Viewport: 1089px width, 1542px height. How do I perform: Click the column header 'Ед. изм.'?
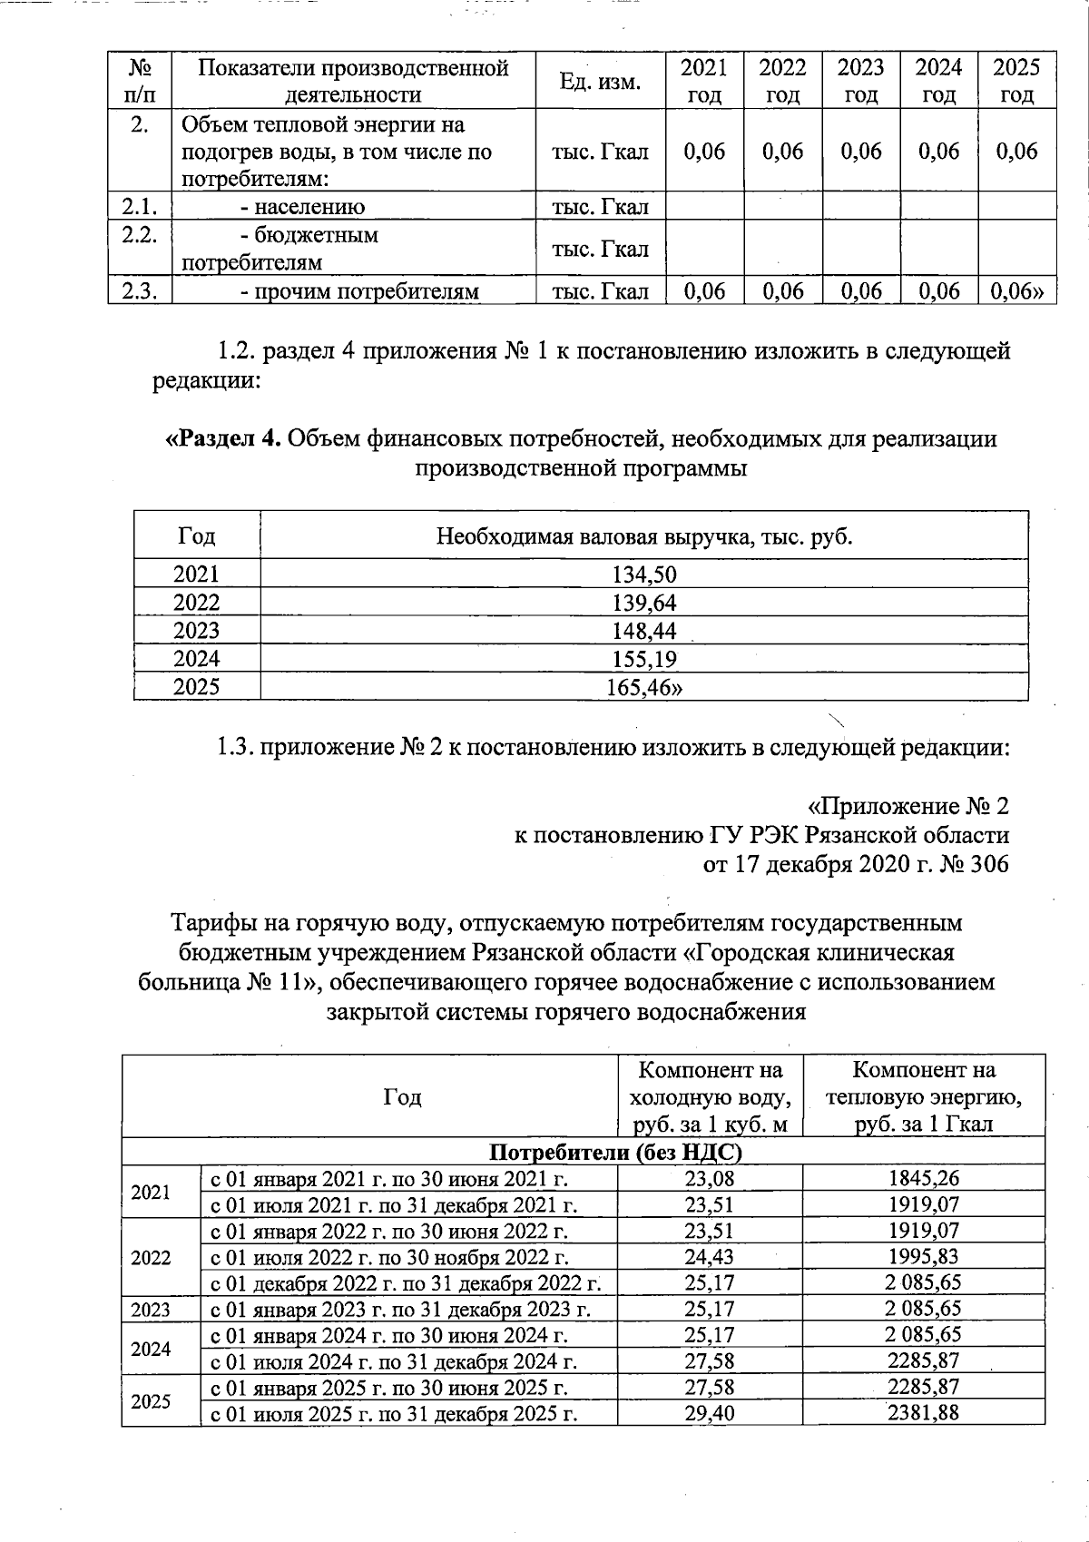[x=600, y=82]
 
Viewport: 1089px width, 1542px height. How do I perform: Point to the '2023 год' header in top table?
[x=860, y=81]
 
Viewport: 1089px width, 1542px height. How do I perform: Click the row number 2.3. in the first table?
[x=139, y=291]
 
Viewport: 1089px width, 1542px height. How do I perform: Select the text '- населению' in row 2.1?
[x=302, y=207]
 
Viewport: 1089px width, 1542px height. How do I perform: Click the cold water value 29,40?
[x=710, y=1413]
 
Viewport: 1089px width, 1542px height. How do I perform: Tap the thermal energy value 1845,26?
[x=923, y=1178]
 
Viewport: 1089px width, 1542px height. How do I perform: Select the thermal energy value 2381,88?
[x=923, y=1413]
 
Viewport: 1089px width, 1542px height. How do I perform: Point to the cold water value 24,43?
[x=710, y=1257]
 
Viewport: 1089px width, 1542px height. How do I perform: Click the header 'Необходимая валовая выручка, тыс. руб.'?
[x=644, y=536]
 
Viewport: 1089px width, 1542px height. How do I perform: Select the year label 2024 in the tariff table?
[x=151, y=1349]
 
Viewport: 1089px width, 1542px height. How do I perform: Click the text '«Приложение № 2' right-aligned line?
[x=907, y=806]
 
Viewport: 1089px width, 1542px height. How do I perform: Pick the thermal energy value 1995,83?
[x=923, y=1257]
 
